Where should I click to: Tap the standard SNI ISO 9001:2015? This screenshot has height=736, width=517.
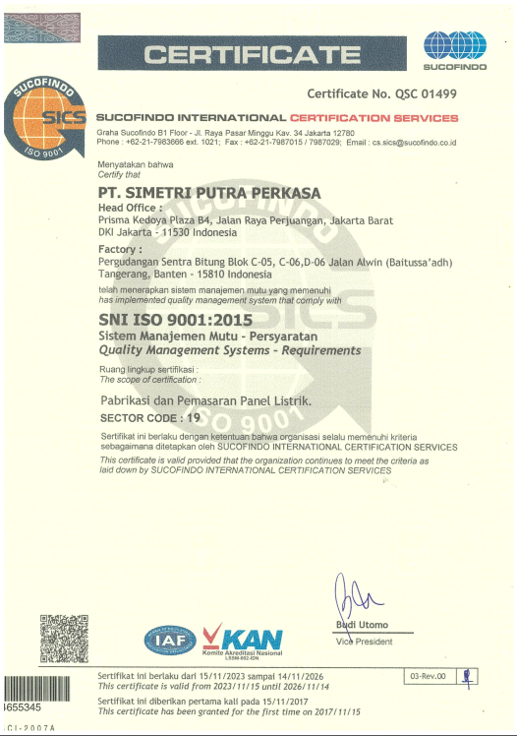(x=176, y=320)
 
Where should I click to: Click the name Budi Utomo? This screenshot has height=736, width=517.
(x=362, y=625)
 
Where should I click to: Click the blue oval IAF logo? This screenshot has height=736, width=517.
(x=171, y=640)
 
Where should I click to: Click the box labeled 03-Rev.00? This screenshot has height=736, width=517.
(x=429, y=676)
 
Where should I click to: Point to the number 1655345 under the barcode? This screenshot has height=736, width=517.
(x=22, y=707)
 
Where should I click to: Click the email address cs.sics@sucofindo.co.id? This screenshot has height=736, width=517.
(x=414, y=143)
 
